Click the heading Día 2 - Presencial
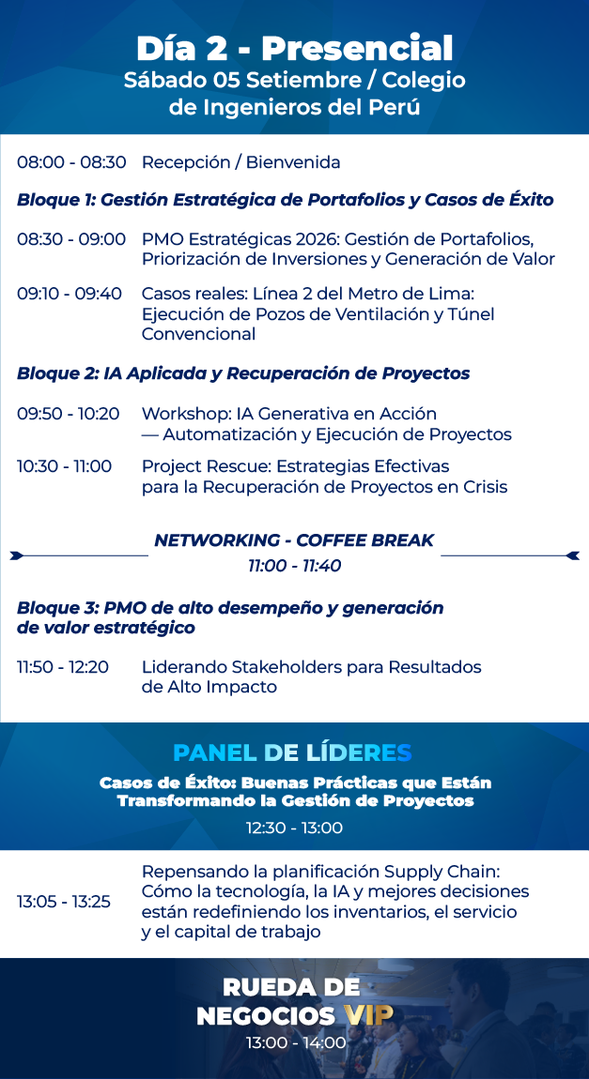tap(294, 49)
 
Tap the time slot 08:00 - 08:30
tap(71, 163)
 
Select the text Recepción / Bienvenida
tap(241, 163)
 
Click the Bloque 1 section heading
tap(286, 200)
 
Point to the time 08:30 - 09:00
tap(71, 239)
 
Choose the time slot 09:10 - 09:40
tap(70, 294)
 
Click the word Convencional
tap(199, 334)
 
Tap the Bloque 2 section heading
tap(243, 373)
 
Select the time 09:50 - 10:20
tap(69, 415)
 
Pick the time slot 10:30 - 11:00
tap(65, 466)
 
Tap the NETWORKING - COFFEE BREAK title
tap(294, 540)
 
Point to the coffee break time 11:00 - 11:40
tap(295, 567)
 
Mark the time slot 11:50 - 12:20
tap(63, 667)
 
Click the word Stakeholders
tap(306, 667)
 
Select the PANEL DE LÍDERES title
tap(293, 752)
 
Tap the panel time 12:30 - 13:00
tap(295, 828)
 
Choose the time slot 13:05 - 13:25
tap(64, 902)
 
